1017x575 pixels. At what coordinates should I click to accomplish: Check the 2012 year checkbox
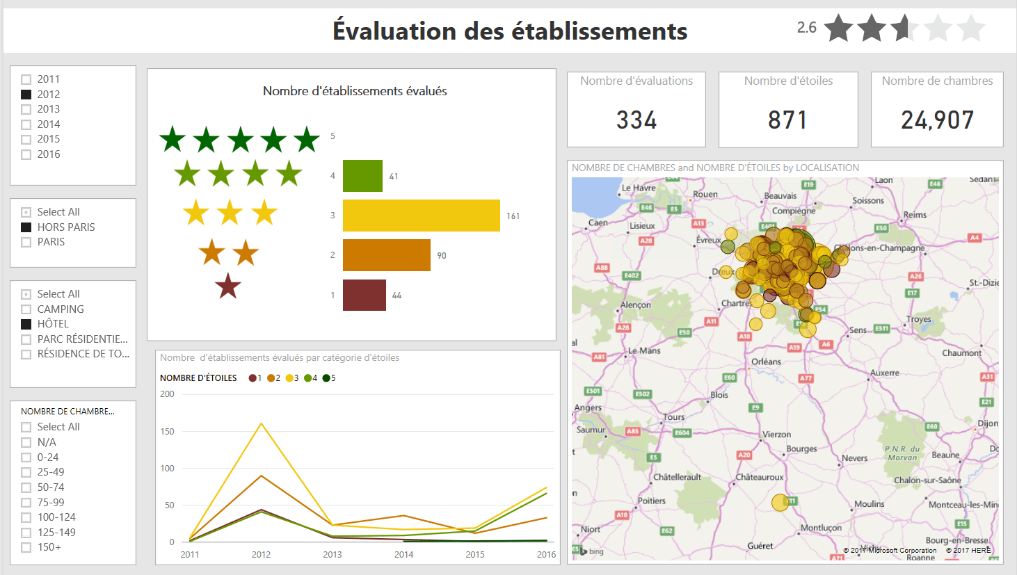tap(26, 95)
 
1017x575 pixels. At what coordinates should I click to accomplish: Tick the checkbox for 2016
tap(26, 154)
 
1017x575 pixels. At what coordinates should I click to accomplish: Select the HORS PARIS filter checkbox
tap(26, 227)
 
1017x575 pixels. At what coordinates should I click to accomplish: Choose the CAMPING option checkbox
tap(26, 309)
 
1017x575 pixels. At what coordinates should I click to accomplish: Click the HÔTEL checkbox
tap(26, 324)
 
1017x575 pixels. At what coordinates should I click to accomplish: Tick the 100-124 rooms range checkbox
tap(26, 517)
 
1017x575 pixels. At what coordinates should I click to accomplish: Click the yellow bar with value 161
tap(421, 216)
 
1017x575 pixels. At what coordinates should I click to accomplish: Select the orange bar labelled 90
tap(386, 255)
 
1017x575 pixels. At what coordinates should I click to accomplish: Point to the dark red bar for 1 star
tap(364, 295)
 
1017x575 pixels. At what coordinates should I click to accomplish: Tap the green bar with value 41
tap(362, 176)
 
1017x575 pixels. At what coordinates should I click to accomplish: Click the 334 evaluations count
tap(636, 120)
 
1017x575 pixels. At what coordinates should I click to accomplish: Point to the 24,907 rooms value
tap(937, 120)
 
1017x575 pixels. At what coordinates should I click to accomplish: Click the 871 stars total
tap(787, 120)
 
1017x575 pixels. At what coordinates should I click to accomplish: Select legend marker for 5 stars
tap(326, 378)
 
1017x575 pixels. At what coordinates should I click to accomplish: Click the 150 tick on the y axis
tap(167, 431)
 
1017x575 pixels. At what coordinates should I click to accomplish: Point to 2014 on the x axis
tap(403, 554)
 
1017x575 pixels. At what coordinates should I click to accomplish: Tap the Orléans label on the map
tap(766, 362)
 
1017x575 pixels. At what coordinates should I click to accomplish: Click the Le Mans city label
tap(644, 350)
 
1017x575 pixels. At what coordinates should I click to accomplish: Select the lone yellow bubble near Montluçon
tap(780, 502)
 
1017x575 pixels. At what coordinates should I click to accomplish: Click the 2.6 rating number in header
tap(806, 28)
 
